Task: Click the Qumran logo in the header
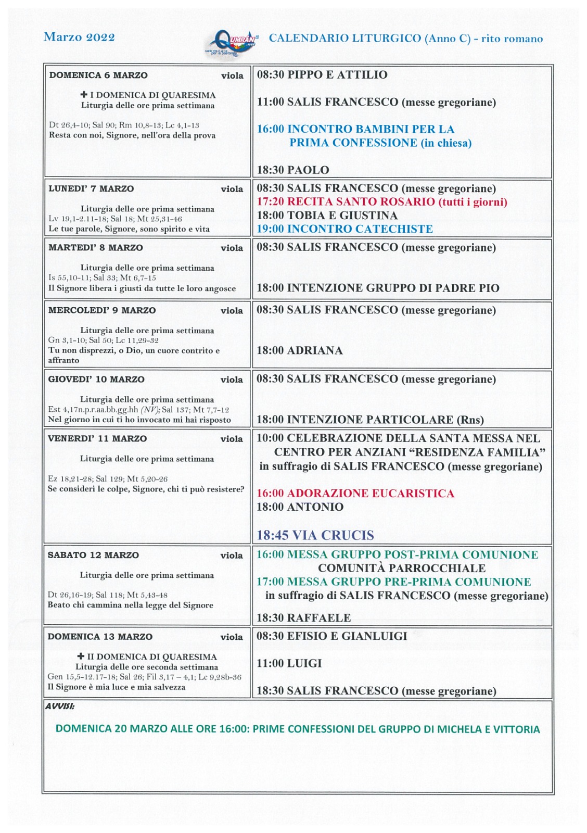pos(232,42)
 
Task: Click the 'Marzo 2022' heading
pos(79,37)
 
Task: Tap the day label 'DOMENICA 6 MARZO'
pos(98,75)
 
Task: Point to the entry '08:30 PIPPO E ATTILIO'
pos(322,75)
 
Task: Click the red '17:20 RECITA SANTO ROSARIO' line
pos(381,202)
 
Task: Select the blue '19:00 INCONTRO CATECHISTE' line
pos(344,229)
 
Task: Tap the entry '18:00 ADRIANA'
pos(299,350)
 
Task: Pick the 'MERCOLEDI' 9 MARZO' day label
pos(102,310)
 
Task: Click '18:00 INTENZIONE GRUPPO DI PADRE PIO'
pos(377,288)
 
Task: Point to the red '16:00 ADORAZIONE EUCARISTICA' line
pos(355,493)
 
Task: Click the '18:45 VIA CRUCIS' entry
pos(315,535)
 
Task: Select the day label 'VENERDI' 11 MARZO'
pos(97,438)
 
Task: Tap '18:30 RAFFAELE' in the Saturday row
pos(303,618)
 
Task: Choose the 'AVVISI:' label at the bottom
pos(59,706)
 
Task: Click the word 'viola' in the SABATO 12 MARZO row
pos(232,556)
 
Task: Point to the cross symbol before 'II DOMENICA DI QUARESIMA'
pos(81,657)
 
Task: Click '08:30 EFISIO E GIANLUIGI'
pos(331,636)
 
